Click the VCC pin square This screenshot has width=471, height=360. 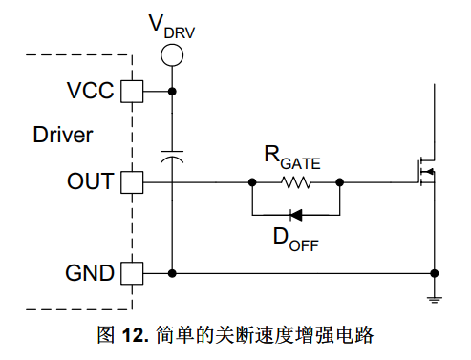[132, 92]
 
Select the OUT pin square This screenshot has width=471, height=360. [132, 182]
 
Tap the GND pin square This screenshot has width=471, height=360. [132, 273]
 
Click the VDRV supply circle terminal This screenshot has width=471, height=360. [172, 55]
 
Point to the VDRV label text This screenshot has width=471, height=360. [172, 27]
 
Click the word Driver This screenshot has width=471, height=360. [63, 135]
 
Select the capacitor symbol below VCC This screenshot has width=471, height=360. [172, 157]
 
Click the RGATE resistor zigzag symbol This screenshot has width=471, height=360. [296, 182]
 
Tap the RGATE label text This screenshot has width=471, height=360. [292, 158]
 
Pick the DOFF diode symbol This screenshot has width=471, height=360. [296, 215]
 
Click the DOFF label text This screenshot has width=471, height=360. [296, 240]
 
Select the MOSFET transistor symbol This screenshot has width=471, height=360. [427, 172]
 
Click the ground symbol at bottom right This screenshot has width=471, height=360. [435, 300]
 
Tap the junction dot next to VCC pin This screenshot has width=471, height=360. [172, 92]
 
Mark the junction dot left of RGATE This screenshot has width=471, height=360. [252, 182]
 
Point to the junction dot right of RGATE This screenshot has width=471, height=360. [340, 182]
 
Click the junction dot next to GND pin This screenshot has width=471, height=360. [172, 273]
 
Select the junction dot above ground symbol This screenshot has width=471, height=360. [435, 273]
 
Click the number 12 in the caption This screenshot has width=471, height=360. [132, 335]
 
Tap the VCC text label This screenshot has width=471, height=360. [90, 91]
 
